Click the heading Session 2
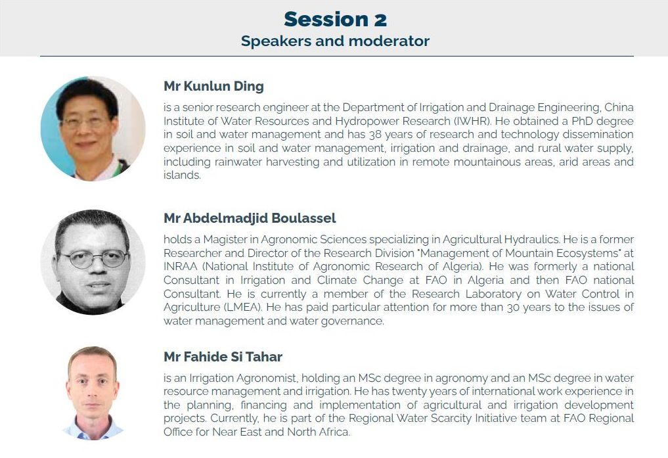335,20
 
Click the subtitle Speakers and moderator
335,41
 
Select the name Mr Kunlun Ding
214,86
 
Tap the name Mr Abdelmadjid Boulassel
250,218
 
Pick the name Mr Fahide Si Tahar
223,357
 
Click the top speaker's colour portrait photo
93,128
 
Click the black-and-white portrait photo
93,262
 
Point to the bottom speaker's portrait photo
93,393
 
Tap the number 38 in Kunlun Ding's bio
375,135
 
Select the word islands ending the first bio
182,175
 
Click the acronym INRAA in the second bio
181,266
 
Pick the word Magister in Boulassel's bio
225,239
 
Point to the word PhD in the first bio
583,121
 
